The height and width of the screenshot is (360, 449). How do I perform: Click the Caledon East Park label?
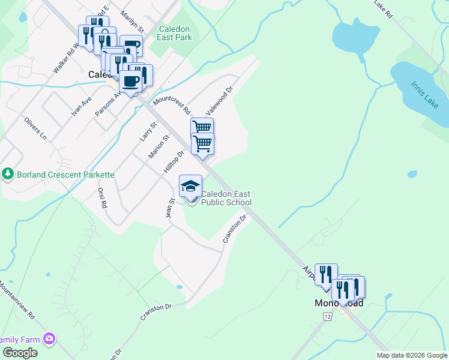[x=175, y=33]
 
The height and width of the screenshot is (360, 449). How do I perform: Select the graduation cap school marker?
[x=190, y=186]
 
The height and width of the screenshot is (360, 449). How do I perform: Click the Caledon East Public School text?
[x=226, y=198]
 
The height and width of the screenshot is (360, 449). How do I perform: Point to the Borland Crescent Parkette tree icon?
[x=7, y=174]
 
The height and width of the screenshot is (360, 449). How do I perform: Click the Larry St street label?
[x=148, y=131]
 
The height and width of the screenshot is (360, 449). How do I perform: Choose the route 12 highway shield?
[x=327, y=316]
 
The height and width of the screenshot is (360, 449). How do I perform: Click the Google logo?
[x=20, y=353]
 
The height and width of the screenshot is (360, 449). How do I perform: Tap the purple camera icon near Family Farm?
[x=49, y=339]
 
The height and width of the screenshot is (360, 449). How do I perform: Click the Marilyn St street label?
[x=132, y=21]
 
